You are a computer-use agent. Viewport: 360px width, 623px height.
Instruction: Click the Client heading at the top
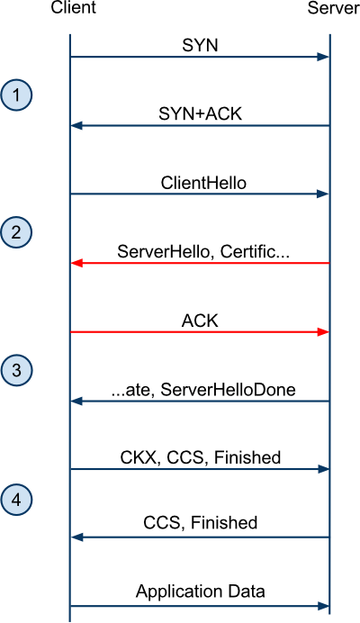click(x=73, y=7)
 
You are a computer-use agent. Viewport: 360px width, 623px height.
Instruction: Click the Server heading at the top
click(x=333, y=7)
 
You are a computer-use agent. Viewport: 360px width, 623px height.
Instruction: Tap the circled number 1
click(x=16, y=95)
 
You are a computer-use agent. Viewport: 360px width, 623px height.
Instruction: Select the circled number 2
click(x=16, y=232)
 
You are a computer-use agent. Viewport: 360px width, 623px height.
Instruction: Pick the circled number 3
click(x=16, y=370)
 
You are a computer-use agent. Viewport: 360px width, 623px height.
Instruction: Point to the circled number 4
click(x=16, y=501)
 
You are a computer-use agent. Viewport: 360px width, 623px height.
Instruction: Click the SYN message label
click(x=201, y=45)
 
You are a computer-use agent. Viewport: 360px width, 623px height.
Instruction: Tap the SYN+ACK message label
click(x=201, y=114)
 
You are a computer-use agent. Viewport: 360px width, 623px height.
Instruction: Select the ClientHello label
click(x=203, y=183)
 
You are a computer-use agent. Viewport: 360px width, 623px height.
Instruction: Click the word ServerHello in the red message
click(x=163, y=252)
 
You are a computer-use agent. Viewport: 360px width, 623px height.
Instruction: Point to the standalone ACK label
click(x=201, y=321)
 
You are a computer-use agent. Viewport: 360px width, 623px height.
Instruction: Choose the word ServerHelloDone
click(x=228, y=390)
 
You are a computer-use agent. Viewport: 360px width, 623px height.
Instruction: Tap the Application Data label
click(x=201, y=591)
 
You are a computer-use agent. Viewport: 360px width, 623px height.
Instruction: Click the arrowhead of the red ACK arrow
click(x=323, y=332)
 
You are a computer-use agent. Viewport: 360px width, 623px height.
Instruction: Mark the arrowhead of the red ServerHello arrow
click(x=76, y=263)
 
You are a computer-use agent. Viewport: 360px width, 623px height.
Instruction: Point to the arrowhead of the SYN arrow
click(x=323, y=57)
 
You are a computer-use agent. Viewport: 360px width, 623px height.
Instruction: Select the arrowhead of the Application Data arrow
click(x=323, y=606)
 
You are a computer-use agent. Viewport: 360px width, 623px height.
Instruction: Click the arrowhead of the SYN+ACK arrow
click(x=76, y=125)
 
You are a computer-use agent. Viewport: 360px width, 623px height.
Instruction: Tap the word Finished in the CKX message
click(x=247, y=457)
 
